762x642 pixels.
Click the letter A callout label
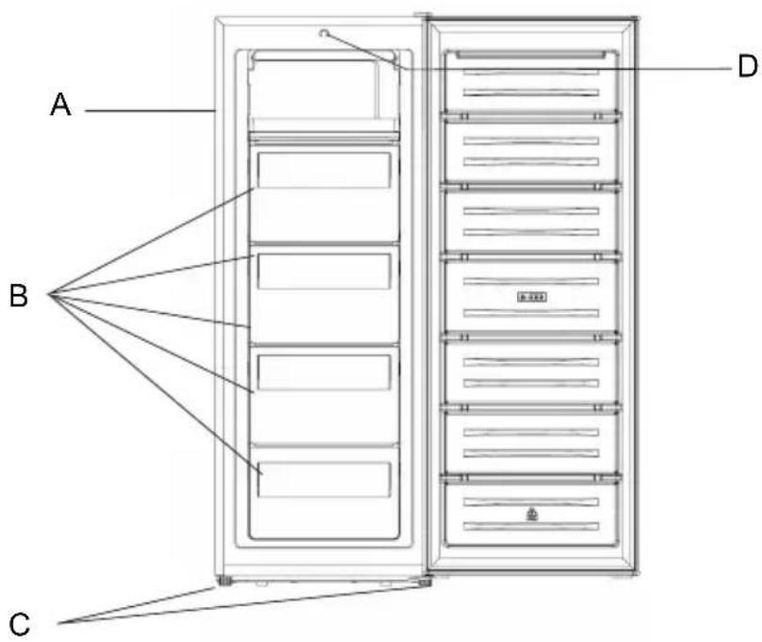pos(60,104)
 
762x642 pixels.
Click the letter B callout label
pos(19,295)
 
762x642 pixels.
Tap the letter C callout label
pos(20,624)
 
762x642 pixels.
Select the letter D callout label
pos(747,66)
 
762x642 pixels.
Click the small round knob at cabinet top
pos(324,33)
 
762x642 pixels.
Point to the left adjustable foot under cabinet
pos(224,580)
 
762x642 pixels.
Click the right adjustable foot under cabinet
pos(425,582)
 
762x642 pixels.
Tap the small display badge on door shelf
pos(531,297)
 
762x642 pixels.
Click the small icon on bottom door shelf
pos(532,514)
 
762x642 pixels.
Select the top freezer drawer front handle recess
pos(324,170)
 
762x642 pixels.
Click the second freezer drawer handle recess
pos(324,271)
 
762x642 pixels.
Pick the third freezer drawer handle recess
pos(324,372)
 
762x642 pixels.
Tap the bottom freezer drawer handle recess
pos(324,480)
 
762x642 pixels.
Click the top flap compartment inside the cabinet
pos(323,90)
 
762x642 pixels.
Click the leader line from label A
pos(150,111)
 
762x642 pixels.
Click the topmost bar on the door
pos(531,54)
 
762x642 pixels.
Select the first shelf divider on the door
pos(531,116)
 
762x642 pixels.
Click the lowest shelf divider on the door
pos(531,478)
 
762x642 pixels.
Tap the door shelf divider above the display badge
pos(531,256)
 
